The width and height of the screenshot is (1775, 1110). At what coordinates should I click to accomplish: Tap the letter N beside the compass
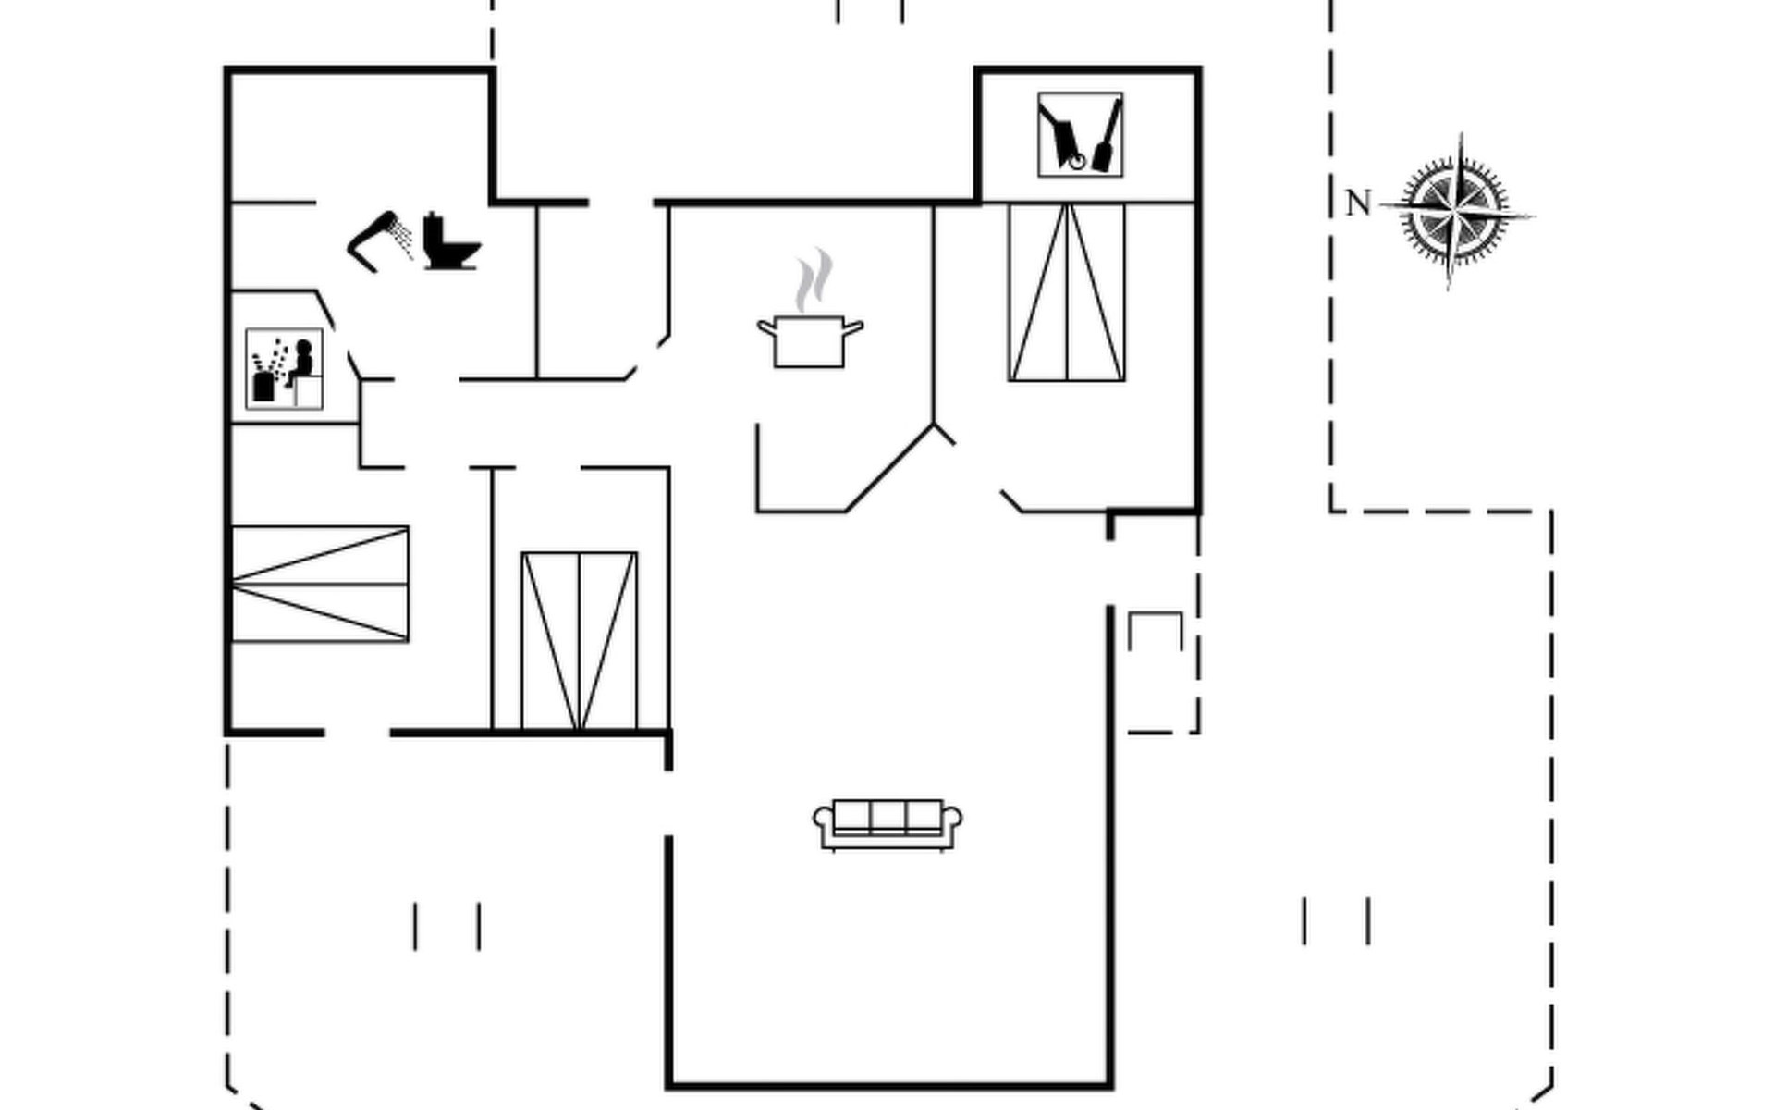(1357, 203)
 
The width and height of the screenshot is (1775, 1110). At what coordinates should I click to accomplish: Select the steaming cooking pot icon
(810, 339)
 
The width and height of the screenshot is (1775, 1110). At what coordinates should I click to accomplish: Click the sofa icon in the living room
(887, 823)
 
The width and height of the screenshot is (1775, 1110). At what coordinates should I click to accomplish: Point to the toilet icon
(450, 241)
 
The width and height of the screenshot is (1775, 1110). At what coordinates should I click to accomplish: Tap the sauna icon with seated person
(284, 368)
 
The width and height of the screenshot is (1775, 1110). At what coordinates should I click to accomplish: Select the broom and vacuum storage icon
(1080, 134)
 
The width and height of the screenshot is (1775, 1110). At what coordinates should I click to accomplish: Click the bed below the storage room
(1067, 292)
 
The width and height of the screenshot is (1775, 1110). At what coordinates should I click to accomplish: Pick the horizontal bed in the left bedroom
(319, 584)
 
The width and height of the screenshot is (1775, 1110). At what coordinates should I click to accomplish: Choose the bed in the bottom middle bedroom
(579, 641)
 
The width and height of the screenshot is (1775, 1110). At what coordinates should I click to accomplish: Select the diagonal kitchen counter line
(889, 468)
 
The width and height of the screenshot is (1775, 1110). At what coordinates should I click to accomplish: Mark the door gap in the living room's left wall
(668, 803)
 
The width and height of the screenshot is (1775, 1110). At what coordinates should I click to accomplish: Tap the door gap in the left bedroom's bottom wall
(357, 733)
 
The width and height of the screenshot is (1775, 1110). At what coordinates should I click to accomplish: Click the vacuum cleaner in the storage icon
(1063, 139)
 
